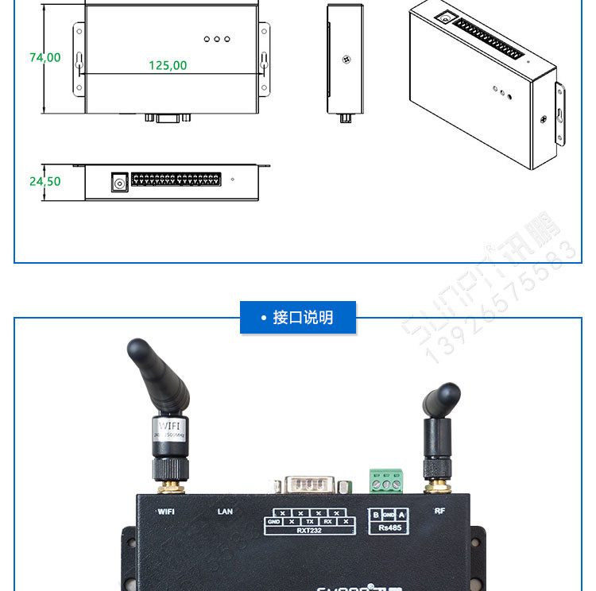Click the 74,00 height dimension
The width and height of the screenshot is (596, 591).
coord(45,58)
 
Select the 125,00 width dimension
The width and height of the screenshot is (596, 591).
coord(168,65)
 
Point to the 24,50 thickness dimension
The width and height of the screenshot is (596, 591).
coord(45,181)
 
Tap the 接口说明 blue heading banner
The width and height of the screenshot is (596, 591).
coord(298,318)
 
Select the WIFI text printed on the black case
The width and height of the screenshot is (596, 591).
coord(166,512)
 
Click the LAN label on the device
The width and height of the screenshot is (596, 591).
coord(225,512)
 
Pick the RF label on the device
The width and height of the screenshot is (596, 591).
coord(439,511)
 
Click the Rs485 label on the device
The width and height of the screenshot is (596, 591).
coord(389,527)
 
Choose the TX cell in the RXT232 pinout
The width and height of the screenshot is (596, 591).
coord(309,522)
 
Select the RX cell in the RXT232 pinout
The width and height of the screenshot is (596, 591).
coord(327,522)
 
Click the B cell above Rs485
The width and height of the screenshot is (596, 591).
coord(376,515)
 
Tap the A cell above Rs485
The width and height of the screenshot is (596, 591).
coord(401,515)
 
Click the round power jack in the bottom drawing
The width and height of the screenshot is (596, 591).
coord(119,183)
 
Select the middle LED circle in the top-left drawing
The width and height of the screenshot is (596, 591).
coord(216,39)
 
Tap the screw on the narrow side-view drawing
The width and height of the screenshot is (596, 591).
coord(346,60)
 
